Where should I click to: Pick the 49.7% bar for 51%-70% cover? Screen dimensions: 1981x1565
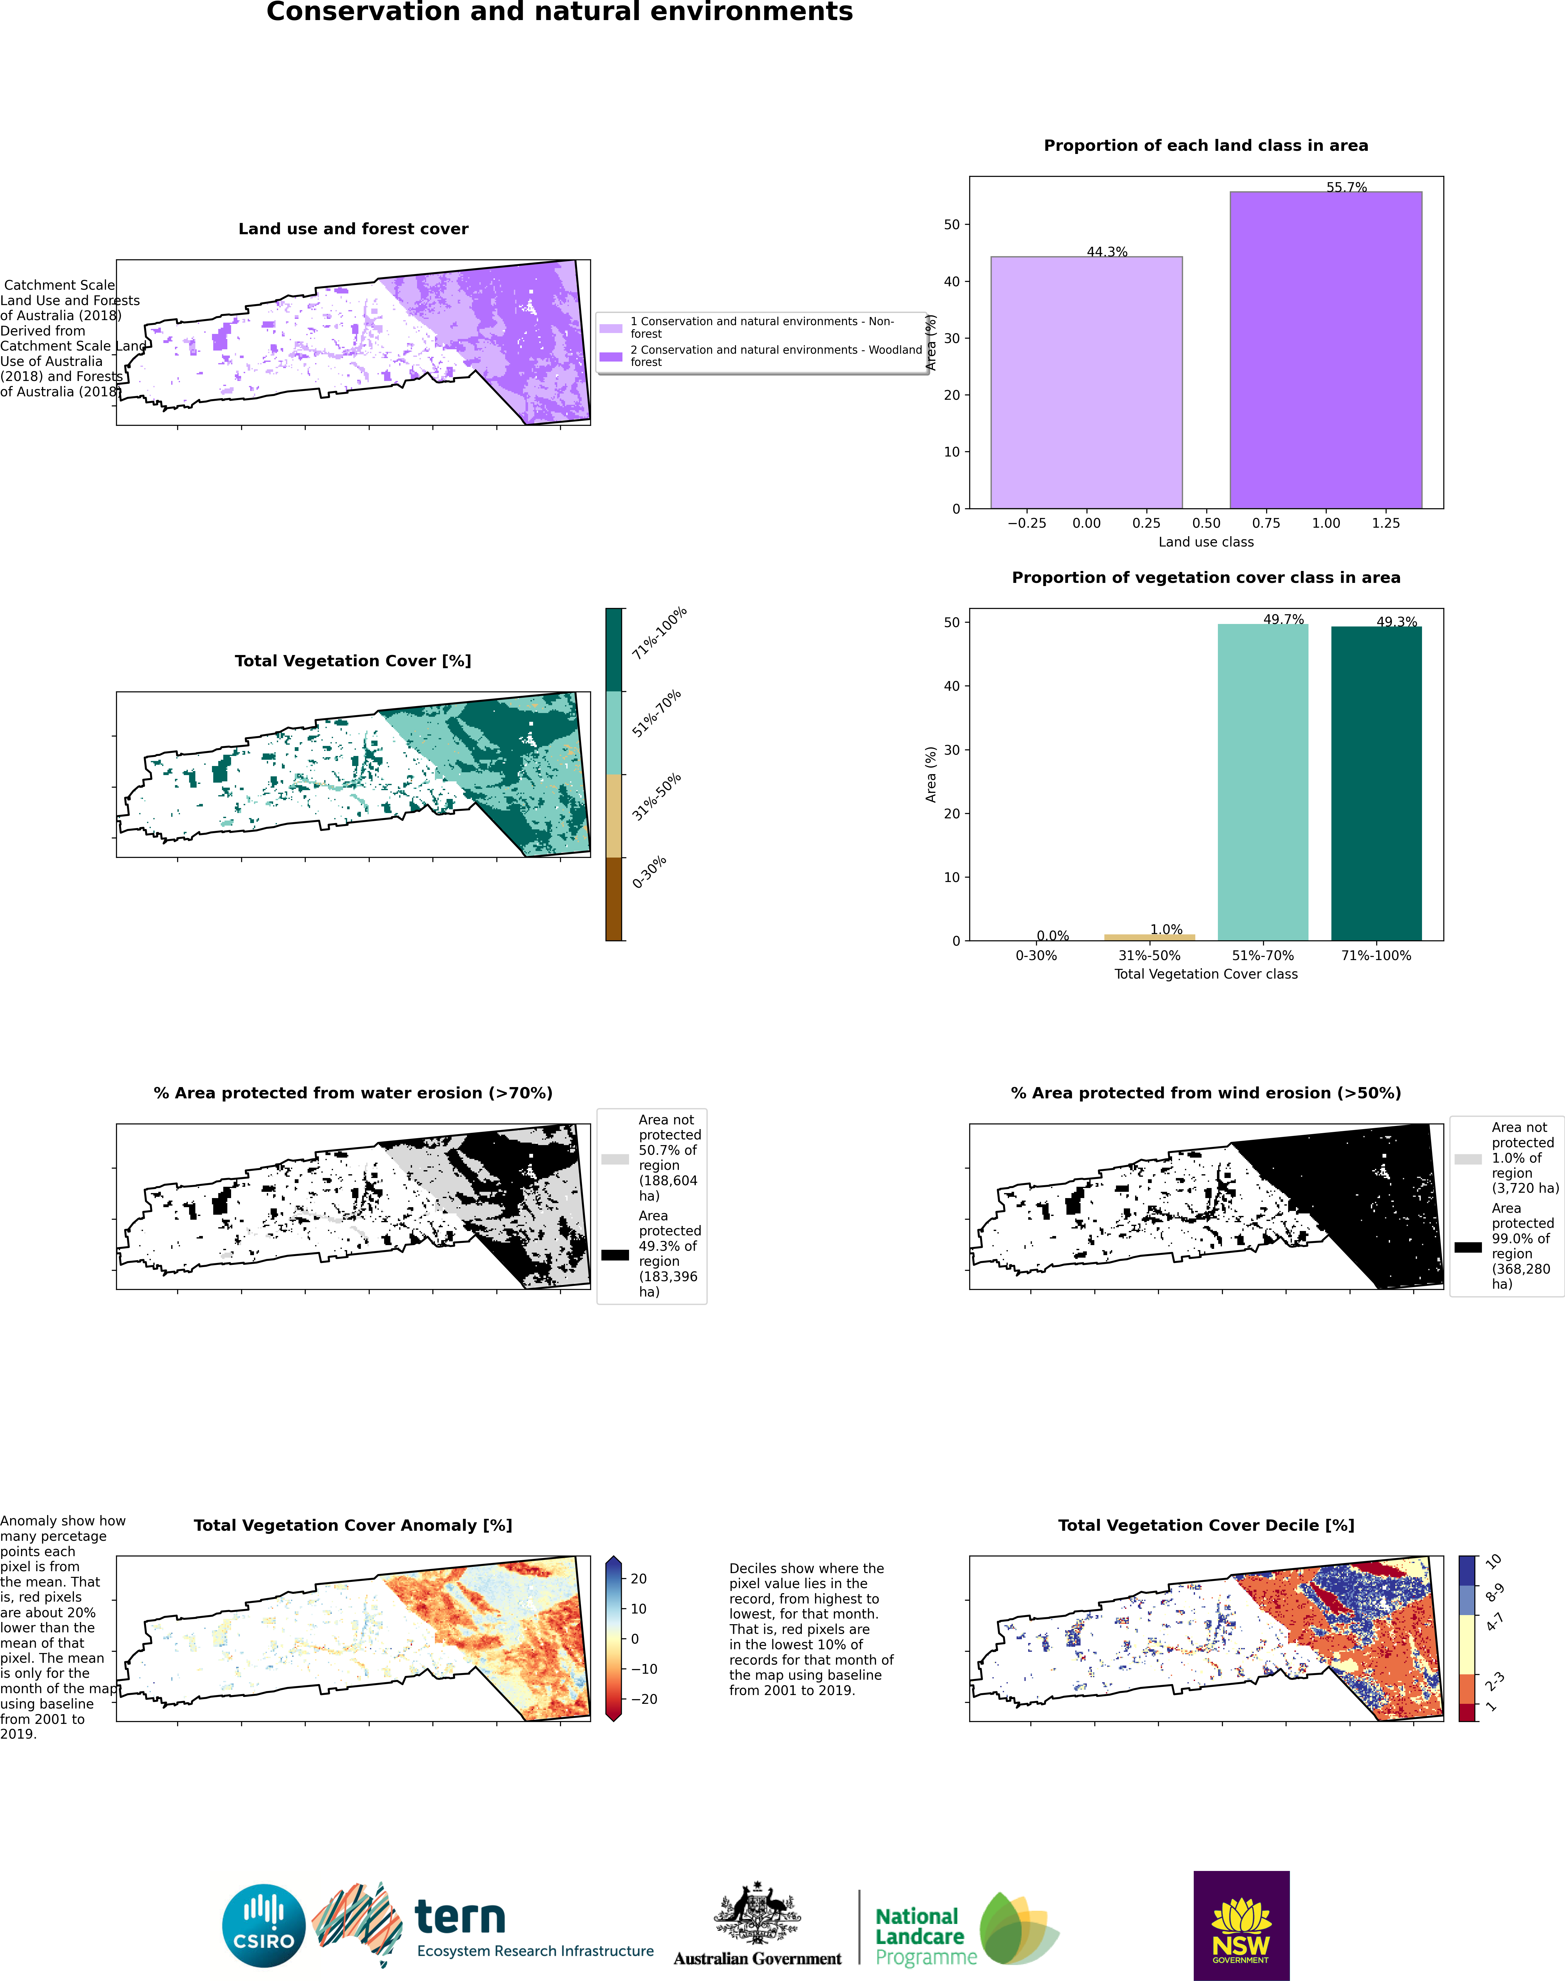pyautogui.click(x=1263, y=782)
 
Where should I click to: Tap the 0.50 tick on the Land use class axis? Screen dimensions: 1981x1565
pyautogui.click(x=1206, y=523)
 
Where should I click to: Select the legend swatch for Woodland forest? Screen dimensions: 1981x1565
pyautogui.click(x=611, y=357)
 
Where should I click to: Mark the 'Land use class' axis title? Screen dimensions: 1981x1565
pyautogui.click(x=1206, y=541)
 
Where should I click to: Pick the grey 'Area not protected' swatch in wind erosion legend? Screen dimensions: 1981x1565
pyautogui.click(x=1468, y=1159)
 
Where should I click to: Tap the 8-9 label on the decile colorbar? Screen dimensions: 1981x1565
pyautogui.click(x=1494, y=1592)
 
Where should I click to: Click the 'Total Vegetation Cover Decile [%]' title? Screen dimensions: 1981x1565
pyautogui.click(x=1206, y=1525)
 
